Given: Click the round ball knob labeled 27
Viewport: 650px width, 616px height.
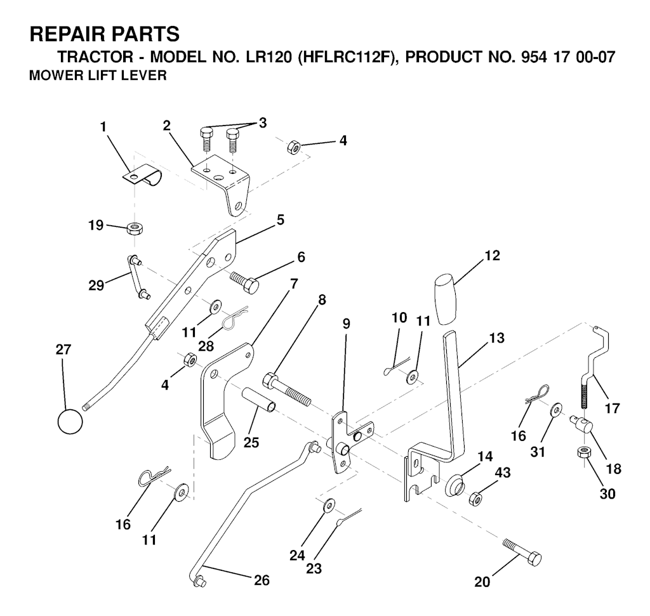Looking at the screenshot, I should (x=70, y=421).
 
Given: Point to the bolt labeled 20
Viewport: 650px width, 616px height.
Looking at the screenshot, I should (x=522, y=552).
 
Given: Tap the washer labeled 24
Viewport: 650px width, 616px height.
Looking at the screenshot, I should (x=328, y=506).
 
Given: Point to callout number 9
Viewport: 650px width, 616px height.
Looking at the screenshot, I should (x=346, y=322).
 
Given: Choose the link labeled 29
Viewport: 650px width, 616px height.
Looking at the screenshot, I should (x=138, y=277).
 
